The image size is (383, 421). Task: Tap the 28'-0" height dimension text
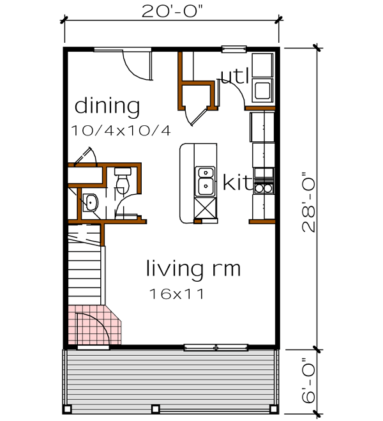[x=311, y=201]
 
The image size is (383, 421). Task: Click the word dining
[x=107, y=107]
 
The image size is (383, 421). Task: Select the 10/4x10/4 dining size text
[x=122, y=131]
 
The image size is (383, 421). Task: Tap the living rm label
[x=193, y=268]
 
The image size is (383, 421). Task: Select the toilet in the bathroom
[x=122, y=178]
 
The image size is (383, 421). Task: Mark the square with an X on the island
[x=205, y=209]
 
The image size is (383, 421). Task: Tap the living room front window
[x=215, y=348]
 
